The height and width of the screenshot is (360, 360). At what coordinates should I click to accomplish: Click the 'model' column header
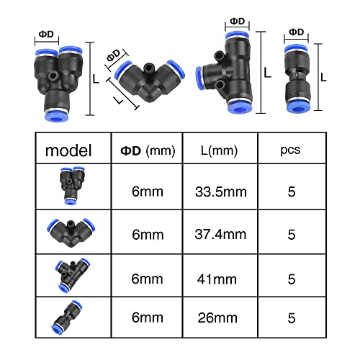68,151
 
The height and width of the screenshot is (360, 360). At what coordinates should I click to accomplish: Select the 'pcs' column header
291,151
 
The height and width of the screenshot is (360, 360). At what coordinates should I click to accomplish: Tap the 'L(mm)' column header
217,151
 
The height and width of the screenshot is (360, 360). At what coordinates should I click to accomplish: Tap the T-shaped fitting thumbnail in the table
68,273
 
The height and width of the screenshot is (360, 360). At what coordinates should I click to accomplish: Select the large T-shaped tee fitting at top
230,72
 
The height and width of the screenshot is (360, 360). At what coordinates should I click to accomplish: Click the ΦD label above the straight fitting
296,32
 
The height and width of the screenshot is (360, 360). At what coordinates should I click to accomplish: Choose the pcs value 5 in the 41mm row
291,274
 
